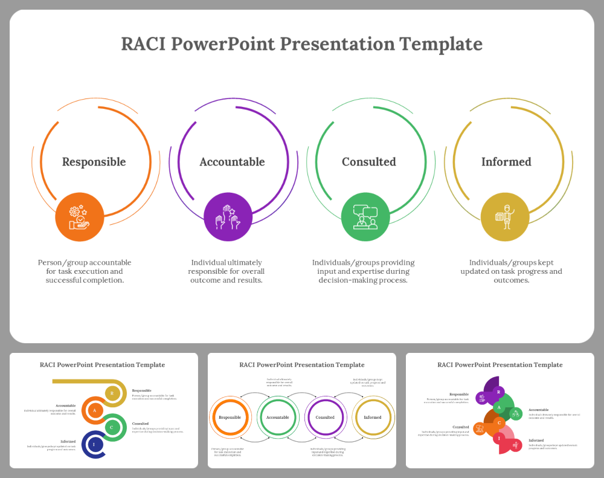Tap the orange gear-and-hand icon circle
coord(80,217)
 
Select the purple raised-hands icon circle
coord(228,217)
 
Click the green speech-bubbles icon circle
coord(365,217)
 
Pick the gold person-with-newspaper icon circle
coord(505,217)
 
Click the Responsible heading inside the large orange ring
coord(94,162)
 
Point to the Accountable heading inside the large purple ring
coord(232,162)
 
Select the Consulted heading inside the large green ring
coord(369,162)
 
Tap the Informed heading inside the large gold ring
coord(506,162)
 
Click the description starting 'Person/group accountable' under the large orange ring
coord(85,271)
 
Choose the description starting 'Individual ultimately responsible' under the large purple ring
coord(226,271)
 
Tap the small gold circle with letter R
coord(112,393)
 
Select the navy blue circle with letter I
coord(94,445)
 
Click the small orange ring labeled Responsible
coord(230,417)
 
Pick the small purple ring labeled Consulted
coord(325,417)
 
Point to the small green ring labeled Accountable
coord(277,417)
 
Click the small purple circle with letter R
coord(499,392)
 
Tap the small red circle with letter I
coord(499,438)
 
